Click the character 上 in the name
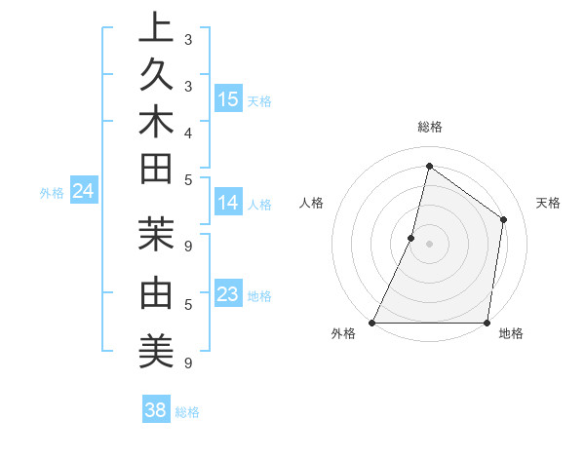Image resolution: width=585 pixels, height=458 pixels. click(x=156, y=27)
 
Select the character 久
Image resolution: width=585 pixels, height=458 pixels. click(x=156, y=77)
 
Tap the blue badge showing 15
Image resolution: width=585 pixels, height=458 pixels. click(x=228, y=98)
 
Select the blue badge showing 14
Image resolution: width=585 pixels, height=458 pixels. click(x=228, y=203)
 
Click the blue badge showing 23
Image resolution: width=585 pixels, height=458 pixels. click(x=228, y=294)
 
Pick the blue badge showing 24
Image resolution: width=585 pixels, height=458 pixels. click(x=83, y=192)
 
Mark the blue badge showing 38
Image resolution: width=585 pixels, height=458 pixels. click(x=155, y=410)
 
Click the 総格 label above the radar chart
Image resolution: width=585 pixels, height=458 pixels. click(x=429, y=127)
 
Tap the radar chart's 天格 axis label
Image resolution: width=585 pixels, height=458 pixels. click(x=548, y=203)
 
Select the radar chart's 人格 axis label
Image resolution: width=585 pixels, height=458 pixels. click(x=311, y=203)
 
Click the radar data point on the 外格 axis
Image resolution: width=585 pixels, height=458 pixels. click(x=372, y=323)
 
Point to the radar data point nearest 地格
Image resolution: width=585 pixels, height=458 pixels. click(x=487, y=323)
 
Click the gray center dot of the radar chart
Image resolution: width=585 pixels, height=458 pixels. click(x=429, y=244)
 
